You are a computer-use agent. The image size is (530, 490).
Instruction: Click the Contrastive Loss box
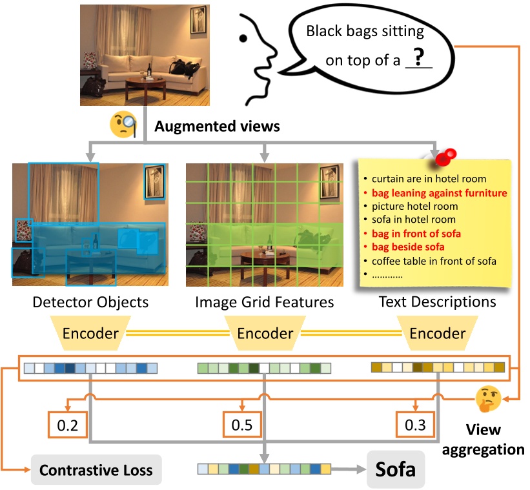(x=96, y=469)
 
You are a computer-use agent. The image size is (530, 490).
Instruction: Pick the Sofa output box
(x=396, y=468)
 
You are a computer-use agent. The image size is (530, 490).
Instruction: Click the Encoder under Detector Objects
(x=90, y=334)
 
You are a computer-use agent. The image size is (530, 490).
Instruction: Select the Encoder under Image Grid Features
(x=265, y=334)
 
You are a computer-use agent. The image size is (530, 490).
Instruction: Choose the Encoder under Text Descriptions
(x=438, y=334)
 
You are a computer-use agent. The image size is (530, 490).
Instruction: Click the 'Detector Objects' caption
(x=90, y=301)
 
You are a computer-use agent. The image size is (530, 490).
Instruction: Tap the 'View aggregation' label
(x=494, y=439)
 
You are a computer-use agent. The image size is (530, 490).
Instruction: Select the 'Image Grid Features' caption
(x=265, y=301)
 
